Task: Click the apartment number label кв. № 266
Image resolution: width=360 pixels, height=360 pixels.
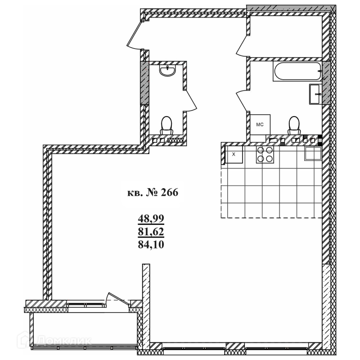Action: (x=153, y=193)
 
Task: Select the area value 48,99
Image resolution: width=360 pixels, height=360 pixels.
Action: (x=151, y=218)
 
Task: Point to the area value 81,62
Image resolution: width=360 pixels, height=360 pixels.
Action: (x=151, y=231)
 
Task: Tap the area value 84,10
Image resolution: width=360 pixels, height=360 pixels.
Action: (x=151, y=244)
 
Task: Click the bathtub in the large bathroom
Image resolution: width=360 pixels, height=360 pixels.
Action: (x=297, y=71)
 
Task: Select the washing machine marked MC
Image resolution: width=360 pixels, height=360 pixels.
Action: (x=260, y=125)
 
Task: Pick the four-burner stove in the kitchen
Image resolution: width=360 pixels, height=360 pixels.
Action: (x=265, y=154)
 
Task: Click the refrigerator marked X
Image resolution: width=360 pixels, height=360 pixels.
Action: (x=234, y=154)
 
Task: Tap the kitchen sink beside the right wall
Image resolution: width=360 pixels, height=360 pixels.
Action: (x=313, y=153)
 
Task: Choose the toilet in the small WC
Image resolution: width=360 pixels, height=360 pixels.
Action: (x=166, y=126)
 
